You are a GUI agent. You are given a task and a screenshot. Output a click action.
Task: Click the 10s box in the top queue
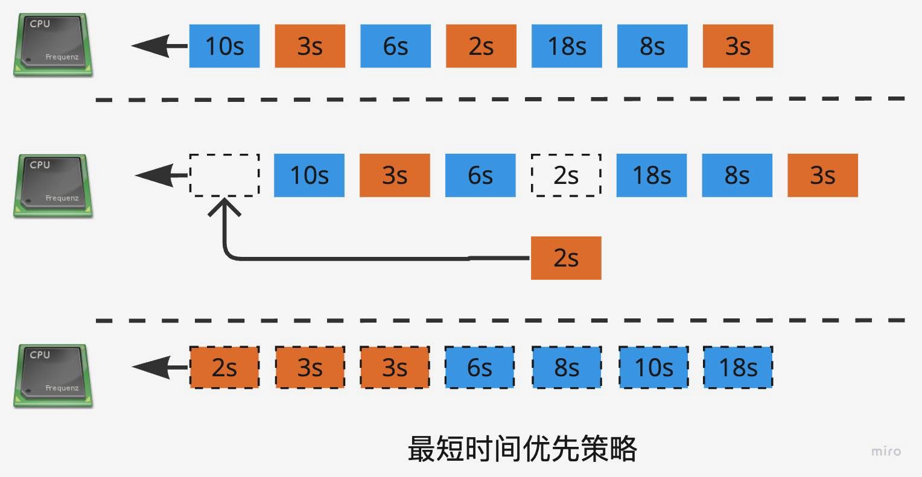224,46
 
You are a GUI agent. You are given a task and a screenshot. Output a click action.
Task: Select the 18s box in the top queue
567,46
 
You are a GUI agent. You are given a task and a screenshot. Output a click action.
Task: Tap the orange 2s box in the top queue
481,46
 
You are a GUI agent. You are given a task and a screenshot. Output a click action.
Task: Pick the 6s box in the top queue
395,46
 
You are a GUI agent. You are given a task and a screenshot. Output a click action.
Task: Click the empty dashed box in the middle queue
224,175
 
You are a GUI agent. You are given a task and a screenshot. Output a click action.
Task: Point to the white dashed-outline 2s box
566,175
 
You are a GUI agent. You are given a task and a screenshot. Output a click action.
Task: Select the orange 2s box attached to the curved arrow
566,258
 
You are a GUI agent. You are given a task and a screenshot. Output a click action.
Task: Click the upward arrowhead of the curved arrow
224,206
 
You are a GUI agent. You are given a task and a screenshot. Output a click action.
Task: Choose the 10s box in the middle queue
309,175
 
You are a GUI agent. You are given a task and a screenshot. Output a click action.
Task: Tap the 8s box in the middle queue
737,175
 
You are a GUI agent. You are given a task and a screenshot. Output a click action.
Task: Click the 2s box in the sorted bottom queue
224,367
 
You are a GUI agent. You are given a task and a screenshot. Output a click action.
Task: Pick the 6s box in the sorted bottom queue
480,367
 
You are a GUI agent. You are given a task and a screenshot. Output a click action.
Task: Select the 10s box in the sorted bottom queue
653,367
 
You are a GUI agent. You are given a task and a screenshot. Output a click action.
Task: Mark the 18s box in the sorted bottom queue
738,367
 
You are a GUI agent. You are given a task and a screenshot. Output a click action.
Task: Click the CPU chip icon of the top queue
53,45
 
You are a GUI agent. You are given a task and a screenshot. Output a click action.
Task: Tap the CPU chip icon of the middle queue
53,186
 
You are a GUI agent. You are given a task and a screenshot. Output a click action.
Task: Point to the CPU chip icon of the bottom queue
53,376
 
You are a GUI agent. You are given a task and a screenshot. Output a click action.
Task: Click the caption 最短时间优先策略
523,449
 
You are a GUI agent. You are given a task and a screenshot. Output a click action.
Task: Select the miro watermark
886,451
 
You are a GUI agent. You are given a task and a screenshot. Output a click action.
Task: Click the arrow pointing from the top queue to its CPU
159,46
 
